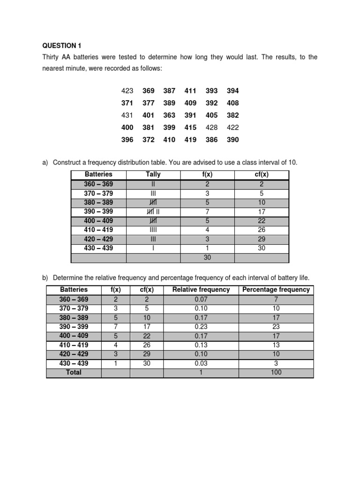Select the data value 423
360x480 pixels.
tap(127, 90)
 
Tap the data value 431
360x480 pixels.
tap(127, 115)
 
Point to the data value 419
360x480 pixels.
tap(190, 139)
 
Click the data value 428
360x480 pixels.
tap(211, 127)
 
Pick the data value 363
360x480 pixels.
tap(169, 115)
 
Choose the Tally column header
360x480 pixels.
tap(153, 175)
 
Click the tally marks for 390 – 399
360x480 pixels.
tap(153, 211)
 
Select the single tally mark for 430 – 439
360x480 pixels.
tap(153, 248)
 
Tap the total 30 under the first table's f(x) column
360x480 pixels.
tap(207, 257)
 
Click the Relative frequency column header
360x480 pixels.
tap(201, 290)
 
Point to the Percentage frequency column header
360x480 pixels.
tap(276, 290)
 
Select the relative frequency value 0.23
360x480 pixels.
tap(201, 327)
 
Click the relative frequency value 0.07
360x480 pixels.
tap(201, 299)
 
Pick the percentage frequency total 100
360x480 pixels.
tap(276, 373)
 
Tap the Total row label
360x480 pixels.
tap(74, 373)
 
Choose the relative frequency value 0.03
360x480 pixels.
tap(201, 363)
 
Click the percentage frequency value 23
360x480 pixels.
tap(276, 327)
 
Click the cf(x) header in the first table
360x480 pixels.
tap(262, 175)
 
